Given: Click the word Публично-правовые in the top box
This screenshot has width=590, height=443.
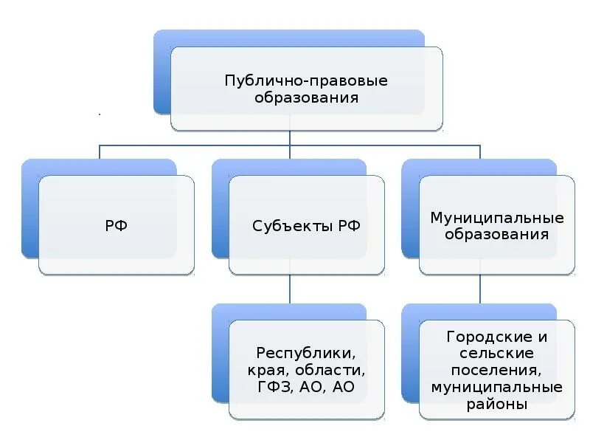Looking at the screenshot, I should point(306,80).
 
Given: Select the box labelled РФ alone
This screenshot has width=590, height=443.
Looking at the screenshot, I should point(117,225).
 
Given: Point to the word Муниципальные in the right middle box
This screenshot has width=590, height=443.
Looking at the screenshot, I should point(497,218).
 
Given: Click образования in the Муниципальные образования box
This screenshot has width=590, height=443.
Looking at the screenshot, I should point(497,235).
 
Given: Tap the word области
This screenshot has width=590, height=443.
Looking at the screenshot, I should point(335,369).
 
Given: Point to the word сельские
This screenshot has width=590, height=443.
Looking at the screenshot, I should point(497,353).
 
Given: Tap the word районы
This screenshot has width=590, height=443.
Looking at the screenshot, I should point(497,404).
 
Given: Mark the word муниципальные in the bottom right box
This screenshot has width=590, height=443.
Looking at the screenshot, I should point(497,387).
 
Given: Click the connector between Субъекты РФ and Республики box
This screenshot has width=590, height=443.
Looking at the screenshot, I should point(290,288).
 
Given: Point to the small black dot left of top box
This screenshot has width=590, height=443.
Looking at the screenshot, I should point(99,115).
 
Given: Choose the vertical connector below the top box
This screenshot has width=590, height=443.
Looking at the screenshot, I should point(290,138).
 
